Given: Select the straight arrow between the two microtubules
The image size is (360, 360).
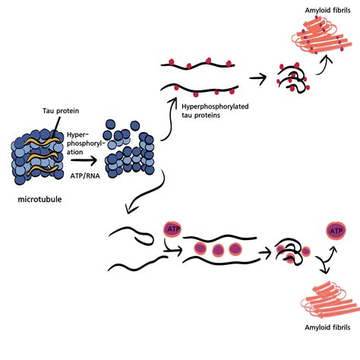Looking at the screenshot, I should (x=85, y=160).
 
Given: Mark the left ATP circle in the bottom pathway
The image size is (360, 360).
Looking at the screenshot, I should (x=172, y=229).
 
